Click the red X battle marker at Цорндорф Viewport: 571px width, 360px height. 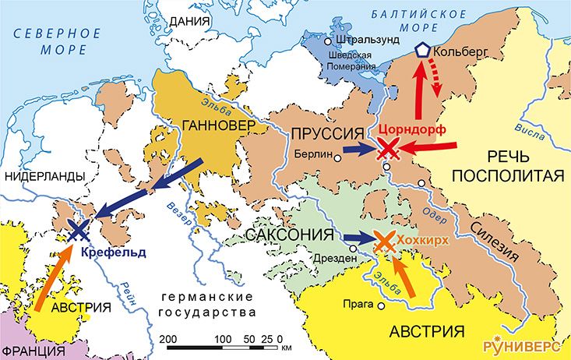point(388,150)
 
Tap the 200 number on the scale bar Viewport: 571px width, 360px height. point(166,340)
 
